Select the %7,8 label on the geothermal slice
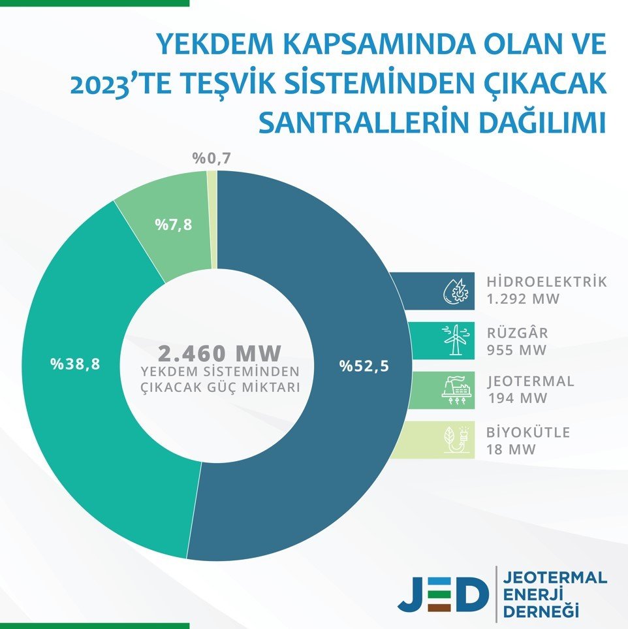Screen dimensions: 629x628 (x=173, y=225)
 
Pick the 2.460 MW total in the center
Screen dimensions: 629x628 (x=219, y=353)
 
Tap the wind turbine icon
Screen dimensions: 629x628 (x=456, y=340)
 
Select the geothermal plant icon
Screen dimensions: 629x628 (x=456, y=390)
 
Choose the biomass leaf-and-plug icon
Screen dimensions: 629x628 (x=456, y=440)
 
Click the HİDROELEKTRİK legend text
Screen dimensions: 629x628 (x=546, y=283)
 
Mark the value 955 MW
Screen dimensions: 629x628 (x=516, y=349)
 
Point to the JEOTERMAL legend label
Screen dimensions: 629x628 (x=530, y=381)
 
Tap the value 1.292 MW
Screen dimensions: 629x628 (x=524, y=300)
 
